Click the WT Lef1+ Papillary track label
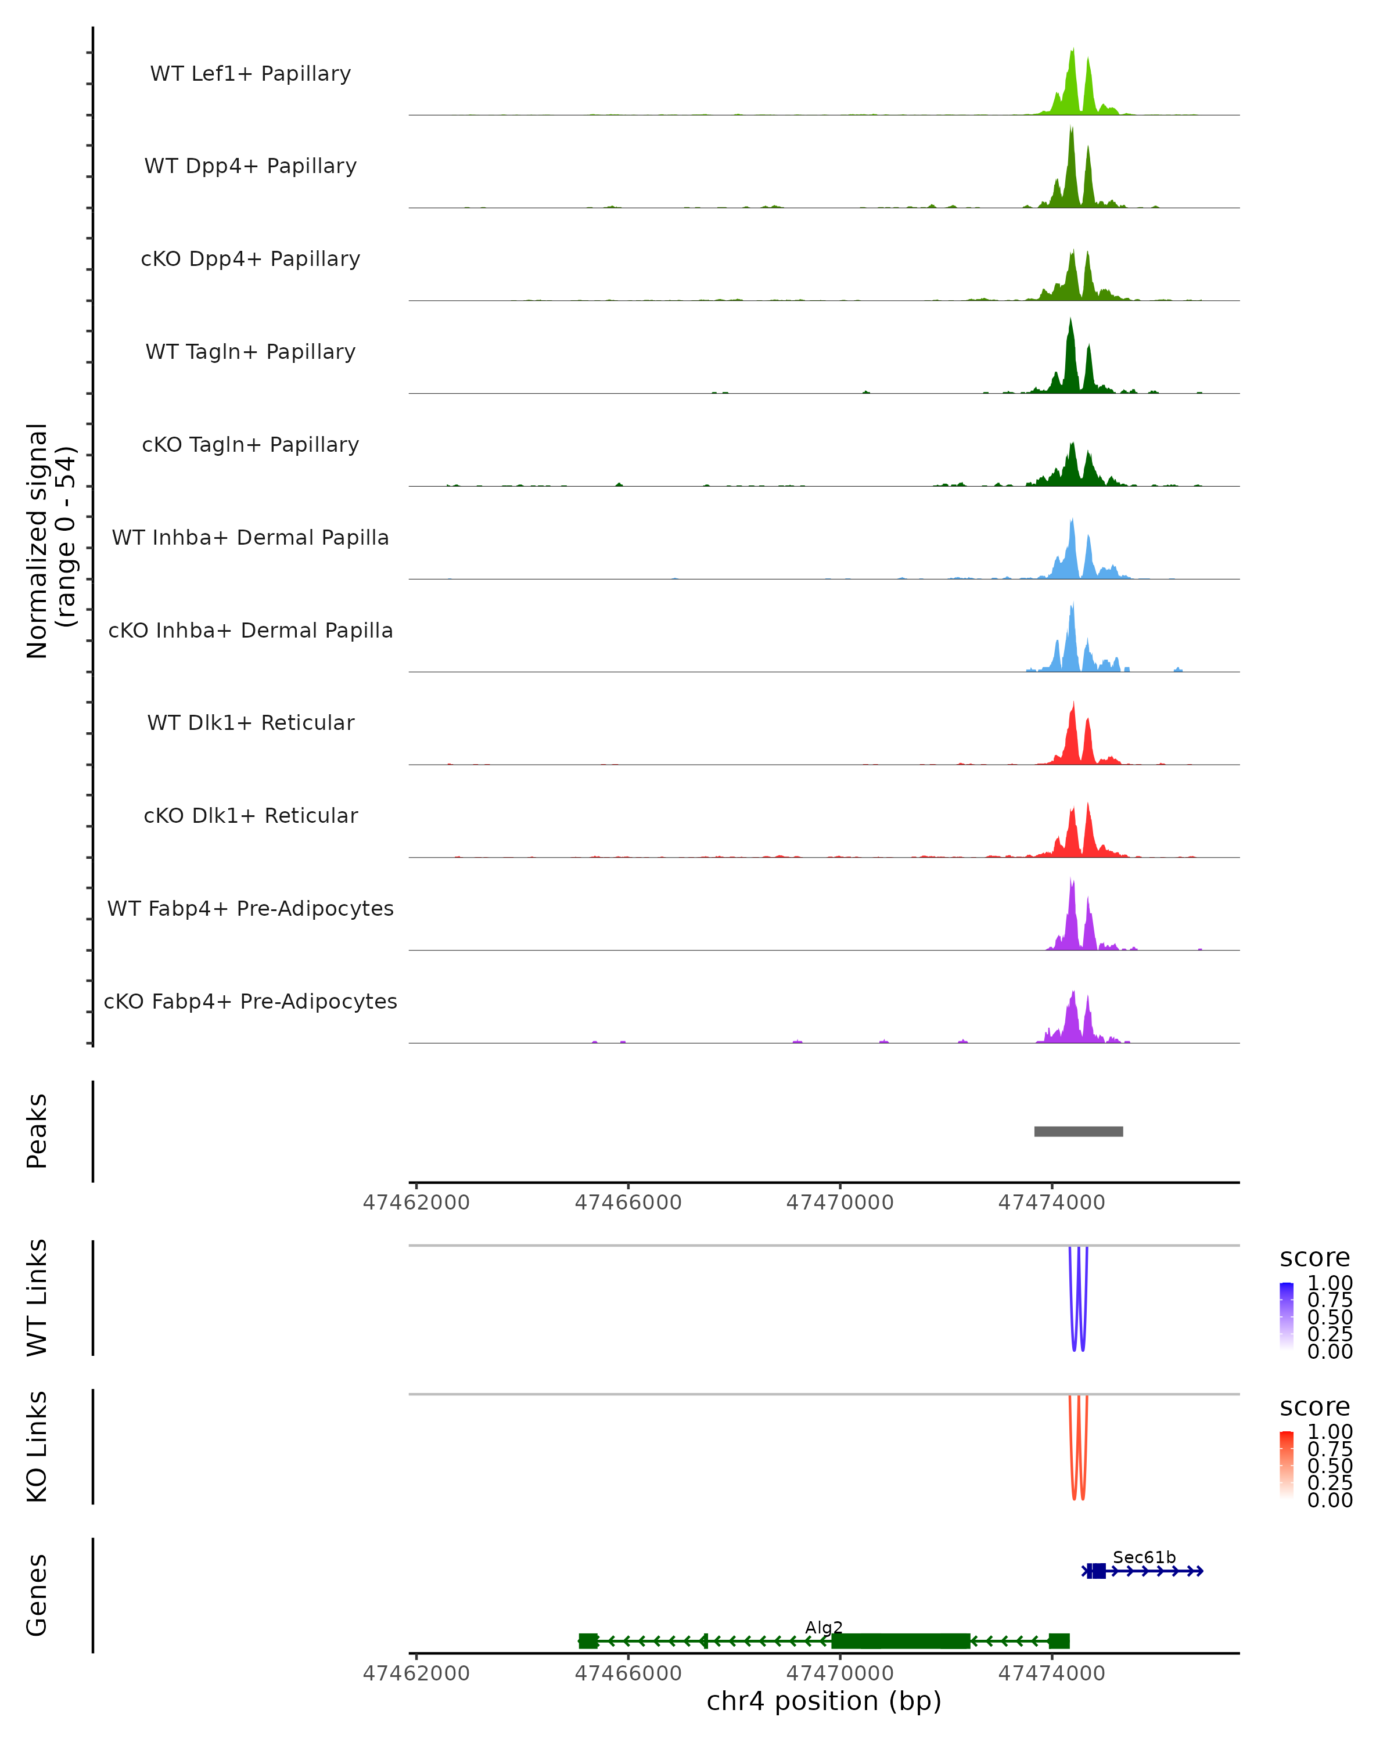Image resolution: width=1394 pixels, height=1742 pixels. (x=250, y=74)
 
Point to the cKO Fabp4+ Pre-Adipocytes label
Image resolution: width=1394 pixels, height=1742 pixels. (x=250, y=1001)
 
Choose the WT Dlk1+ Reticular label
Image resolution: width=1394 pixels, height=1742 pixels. (x=250, y=722)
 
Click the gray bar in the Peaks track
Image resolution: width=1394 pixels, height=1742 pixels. (x=1078, y=1131)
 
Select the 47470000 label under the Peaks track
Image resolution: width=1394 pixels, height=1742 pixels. (x=840, y=1203)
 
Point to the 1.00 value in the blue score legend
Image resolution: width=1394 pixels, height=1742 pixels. (x=1330, y=1283)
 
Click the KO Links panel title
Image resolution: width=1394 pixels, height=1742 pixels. (x=37, y=1446)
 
